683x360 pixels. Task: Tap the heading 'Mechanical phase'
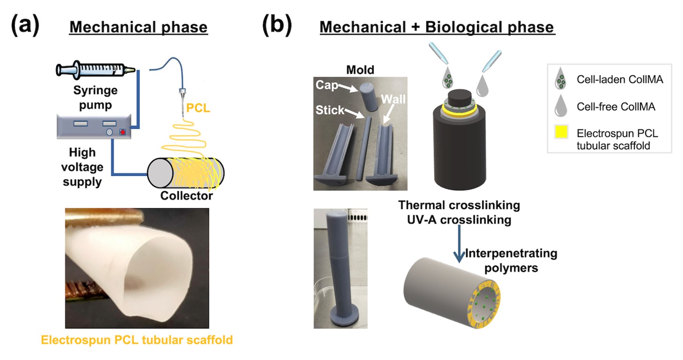pyautogui.click(x=138, y=27)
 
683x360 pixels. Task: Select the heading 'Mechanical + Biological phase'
pyautogui.click(x=437, y=27)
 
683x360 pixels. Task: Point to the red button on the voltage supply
pyautogui.click(x=124, y=132)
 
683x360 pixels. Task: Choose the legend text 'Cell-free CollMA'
pyautogui.click(x=616, y=107)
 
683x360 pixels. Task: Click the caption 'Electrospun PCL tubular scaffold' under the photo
pyautogui.click(x=137, y=339)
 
